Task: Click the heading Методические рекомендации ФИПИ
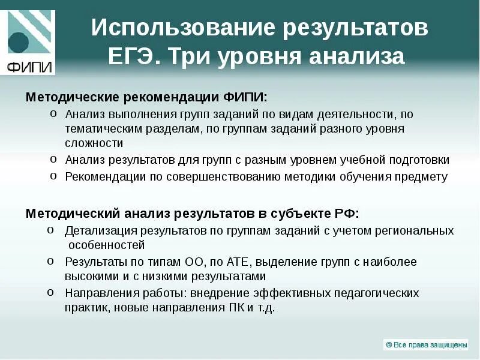click(x=146, y=97)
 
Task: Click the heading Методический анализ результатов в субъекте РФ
click(x=192, y=214)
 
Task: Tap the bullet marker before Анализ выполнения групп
click(x=53, y=113)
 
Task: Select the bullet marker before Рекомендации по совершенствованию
click(x=53, y=176)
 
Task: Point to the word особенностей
click(x=106, y=245)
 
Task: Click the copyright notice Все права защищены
click(x=425, y=344)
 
